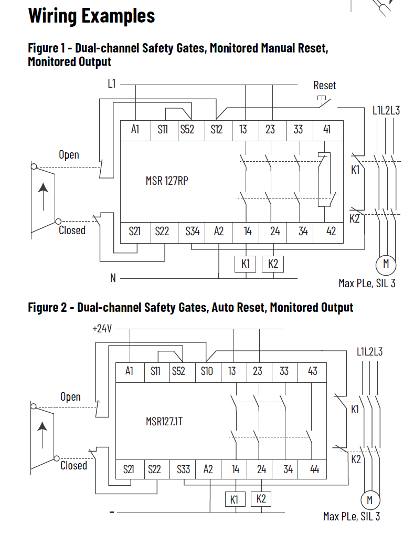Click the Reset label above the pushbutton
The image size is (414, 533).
click(x=324, y=85)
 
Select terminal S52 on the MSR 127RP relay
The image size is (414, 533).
click(x=187, y=130)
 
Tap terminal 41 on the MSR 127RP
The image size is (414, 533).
click(x=327, y=130)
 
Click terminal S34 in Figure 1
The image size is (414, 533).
click(x=193, y=231)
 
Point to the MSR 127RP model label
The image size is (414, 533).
click(x=167, y=181)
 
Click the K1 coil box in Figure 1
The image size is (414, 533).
click(x=245, y=264)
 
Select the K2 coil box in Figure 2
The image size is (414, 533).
click(x=261, y=499)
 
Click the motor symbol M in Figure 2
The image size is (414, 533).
click(x=369, y=499)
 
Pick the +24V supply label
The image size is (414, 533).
click(x=102, y=329)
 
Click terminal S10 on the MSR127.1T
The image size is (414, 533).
click(x=207, y=371)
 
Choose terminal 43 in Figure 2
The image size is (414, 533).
click(x=313, y=371)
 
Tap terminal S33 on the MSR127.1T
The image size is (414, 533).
click(x=183, y=469)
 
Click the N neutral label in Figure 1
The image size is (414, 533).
click(x=112, y=278)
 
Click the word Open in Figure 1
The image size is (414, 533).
click(x=69, y=155)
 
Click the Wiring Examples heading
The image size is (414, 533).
click(x=91, y=16)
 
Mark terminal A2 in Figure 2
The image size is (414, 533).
click(x=208, y=469)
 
